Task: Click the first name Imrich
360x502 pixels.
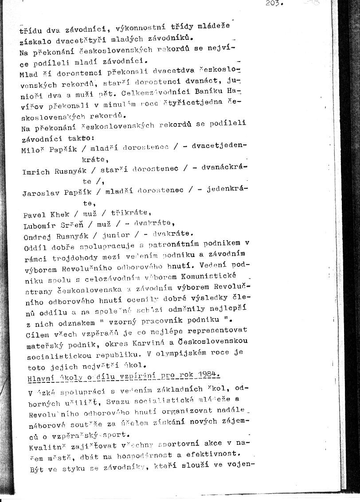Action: pyautogui.click(x=35, y=172)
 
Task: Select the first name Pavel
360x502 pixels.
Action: pyautogui.click(x=34, y=215)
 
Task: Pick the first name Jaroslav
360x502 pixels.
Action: pyautogui.click(x=40, y=193)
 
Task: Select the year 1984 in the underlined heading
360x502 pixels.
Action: pyautogui.click(x=207, y=375)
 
